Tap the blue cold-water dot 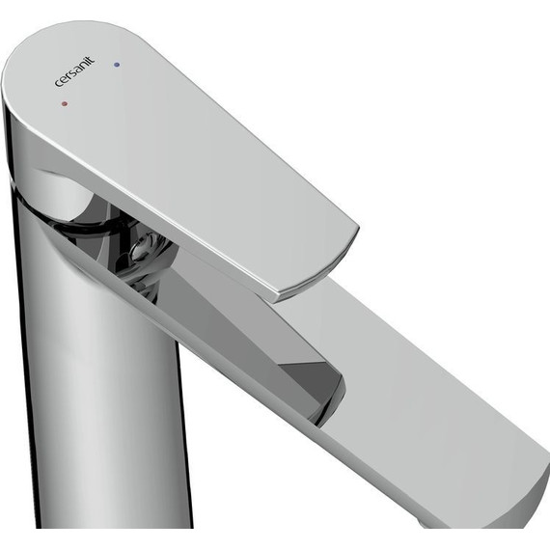[117, 65]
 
